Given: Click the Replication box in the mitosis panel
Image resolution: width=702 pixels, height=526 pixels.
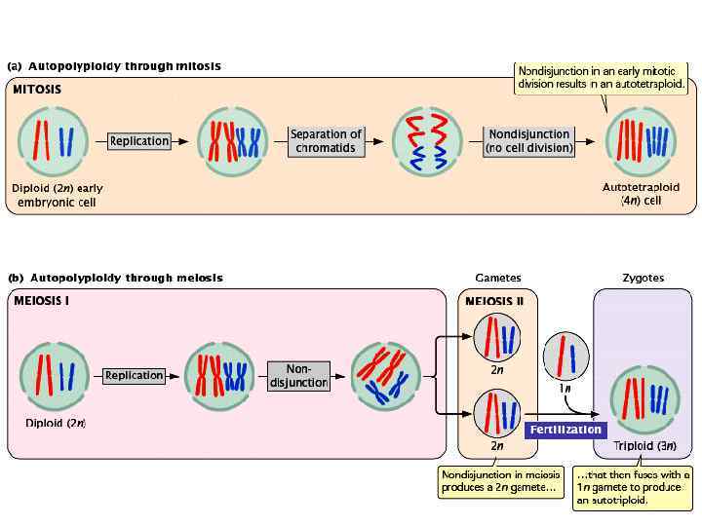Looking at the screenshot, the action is [139, 141].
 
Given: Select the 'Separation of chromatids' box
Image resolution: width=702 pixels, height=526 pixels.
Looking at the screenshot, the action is [326, 141].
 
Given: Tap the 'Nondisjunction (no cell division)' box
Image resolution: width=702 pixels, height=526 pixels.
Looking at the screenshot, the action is [528, 141].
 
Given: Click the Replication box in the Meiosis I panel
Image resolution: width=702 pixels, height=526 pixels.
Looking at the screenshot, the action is [134, 376].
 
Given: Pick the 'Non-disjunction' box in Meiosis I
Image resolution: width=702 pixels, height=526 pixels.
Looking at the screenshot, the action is [298, 376].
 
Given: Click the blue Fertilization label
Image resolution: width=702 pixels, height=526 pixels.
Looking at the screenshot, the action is [565, 430].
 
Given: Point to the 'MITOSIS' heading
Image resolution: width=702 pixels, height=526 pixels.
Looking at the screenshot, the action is [37, 90].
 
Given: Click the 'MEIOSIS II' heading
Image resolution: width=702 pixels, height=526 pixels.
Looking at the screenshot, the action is [494, 301].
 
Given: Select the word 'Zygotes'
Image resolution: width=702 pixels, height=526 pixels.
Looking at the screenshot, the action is [643, 279].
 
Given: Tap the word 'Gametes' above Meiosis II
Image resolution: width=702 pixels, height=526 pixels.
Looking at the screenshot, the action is [498, 279].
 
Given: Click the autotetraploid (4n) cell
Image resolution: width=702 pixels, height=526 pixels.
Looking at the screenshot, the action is [642, 142].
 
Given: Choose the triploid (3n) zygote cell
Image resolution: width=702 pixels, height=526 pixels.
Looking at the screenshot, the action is [644, 400].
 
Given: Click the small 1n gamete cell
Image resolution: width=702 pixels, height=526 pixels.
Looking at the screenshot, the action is [565, 357].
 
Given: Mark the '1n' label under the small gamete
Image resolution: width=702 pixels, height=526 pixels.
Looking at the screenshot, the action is [565, 389].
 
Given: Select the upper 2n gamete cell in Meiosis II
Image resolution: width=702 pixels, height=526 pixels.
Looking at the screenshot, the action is [497, 337].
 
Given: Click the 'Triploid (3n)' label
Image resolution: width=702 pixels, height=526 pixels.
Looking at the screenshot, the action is [644, 445].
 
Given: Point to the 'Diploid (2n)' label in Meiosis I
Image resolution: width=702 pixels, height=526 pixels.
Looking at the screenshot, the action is [56, 423].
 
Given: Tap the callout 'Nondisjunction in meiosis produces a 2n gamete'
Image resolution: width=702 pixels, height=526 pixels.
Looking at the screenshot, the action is [500, 481].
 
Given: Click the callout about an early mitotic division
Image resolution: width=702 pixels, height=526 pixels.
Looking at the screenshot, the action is [602, 78].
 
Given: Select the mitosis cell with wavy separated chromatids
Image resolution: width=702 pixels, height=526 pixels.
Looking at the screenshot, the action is [427, 142].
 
